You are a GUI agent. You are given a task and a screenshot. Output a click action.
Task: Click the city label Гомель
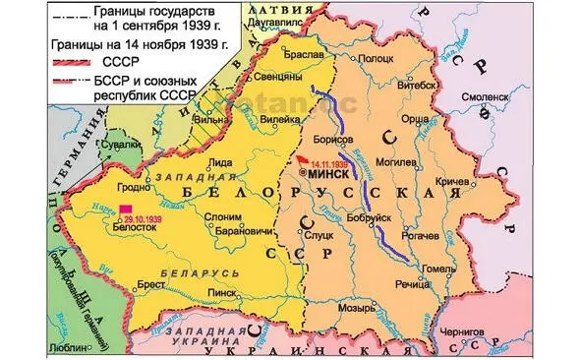pyautogui.click(x=438, y=268)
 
